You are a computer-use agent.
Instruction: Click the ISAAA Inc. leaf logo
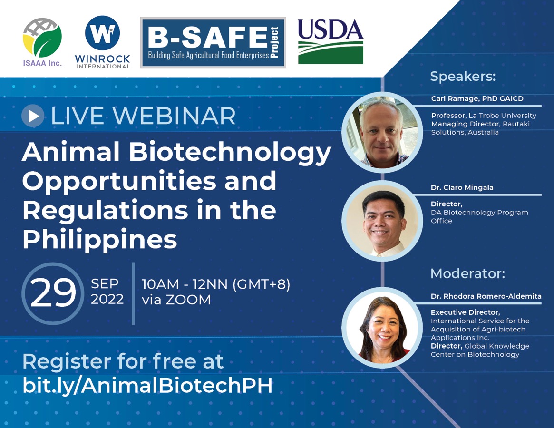[x=42, y=38]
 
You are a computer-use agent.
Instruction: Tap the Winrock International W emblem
[x=102, y=33]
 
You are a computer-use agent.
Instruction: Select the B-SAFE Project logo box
[x=213, y=42]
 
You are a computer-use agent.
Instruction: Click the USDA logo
[x=330, y=41]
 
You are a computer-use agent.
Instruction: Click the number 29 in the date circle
[x=53, y=292]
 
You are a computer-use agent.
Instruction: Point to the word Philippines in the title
[x=100, y=240]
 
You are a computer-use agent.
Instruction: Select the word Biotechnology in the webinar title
[x=230, y=153]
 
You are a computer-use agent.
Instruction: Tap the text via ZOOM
[x=176, y=300]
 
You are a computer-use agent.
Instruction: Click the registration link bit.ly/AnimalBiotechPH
[x=148, y=385]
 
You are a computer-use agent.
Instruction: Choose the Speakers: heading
[x=463, y=77]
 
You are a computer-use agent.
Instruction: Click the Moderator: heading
[x=468, y=273]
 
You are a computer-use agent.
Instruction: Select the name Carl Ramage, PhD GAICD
[x=477, y=98]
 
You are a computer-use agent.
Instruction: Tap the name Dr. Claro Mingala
[x=462, y=188]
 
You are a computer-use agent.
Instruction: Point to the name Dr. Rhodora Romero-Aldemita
[x=486, y=296]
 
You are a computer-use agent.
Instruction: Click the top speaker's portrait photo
[x=382, y=132]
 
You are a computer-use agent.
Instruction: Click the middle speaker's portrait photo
[x=382, y=221]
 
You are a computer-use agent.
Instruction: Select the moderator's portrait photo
[x=382, y=328]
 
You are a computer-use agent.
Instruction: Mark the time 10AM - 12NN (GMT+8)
[x=216, y=284]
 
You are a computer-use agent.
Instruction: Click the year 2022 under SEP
[x=107, y=299]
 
